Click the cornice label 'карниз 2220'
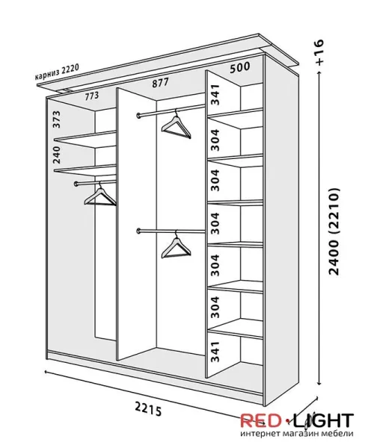click(57, 72)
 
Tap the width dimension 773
click(91, 96)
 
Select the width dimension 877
click(160, 83)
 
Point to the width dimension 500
click(239, 67)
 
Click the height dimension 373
click(57, 119)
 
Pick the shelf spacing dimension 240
click(57, 155)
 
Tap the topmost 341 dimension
click(215, 95)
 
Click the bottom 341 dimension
click(215, 352)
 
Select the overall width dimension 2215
click(148, 410)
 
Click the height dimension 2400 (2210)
click(334, 231)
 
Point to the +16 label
click(319, 52)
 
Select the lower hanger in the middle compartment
click(176, 245)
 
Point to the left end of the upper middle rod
click(139, 116)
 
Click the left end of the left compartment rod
click(76, 184)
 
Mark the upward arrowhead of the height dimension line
click(319, 72)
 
